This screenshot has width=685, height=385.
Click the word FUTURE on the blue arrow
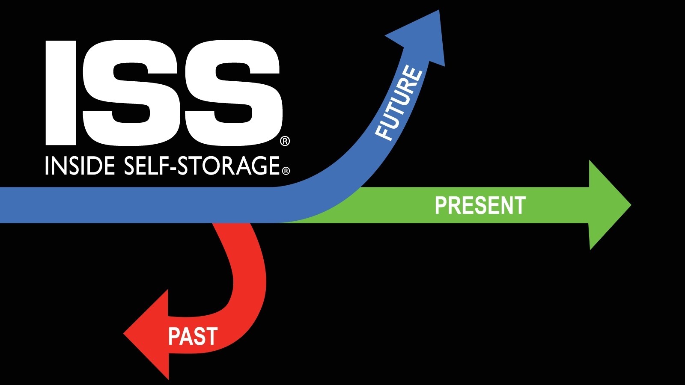(399, 103)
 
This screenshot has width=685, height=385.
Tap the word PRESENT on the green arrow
(480, 206)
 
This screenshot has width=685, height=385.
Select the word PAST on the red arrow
(193, 336)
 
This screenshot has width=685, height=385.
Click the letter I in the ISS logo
(61, 93)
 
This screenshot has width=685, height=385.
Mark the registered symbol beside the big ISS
(285, 141)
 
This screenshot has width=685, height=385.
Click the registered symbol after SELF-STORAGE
(286, 171)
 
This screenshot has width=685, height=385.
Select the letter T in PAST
(211, 336)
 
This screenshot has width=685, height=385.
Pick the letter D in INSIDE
(94, 166)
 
